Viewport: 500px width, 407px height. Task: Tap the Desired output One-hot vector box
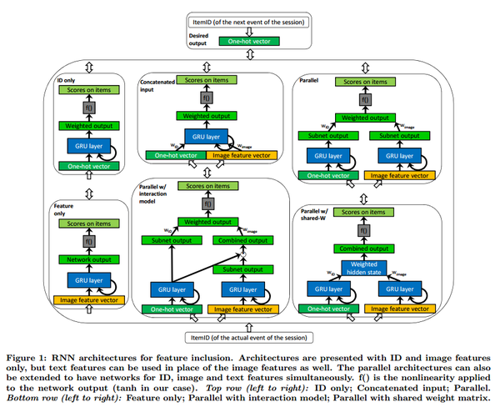coord(250,39)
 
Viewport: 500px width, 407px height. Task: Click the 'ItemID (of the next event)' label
coord(250,20)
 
